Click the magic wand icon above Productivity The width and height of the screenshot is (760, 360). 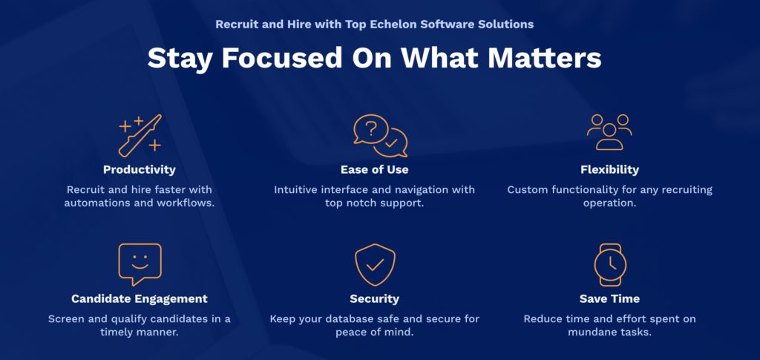coord(140,136)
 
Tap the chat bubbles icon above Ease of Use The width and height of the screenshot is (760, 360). coord(381,136)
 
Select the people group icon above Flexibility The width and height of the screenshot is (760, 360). coord(609,132)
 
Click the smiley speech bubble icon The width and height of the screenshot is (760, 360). coord(140,264)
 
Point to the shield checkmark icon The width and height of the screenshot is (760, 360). coord(375,264)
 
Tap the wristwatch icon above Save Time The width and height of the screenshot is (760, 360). coord(610,264)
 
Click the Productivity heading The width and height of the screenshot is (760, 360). coord(139,169)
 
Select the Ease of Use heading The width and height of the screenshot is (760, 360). coord(374,169)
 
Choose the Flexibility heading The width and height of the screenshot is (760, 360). coord(609,169)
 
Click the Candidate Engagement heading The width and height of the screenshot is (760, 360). coord(139,299)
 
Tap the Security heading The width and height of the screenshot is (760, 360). coord(374,299)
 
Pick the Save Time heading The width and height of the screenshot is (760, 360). coord(609,299)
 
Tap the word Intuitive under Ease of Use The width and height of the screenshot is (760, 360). coord(297,189)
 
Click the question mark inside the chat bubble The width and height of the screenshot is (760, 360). coord(371,129)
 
